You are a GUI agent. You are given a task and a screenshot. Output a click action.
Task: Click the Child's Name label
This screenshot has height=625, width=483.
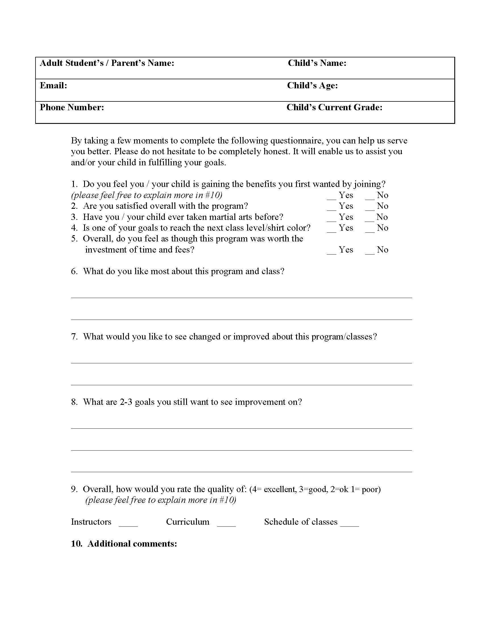317,63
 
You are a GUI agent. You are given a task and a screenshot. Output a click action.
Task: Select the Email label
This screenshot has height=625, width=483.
53,85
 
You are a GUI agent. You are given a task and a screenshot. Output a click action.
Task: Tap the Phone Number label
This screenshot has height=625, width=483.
72,107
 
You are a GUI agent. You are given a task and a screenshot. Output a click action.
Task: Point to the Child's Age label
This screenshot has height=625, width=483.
313,85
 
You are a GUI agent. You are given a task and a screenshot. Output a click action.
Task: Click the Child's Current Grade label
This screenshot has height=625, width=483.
334,107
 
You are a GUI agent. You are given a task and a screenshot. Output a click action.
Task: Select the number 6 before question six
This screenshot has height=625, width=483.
74,271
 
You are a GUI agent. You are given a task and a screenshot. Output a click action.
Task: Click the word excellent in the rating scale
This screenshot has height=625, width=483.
280,490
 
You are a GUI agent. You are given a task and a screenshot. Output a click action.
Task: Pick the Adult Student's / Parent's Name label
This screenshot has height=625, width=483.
107,63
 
